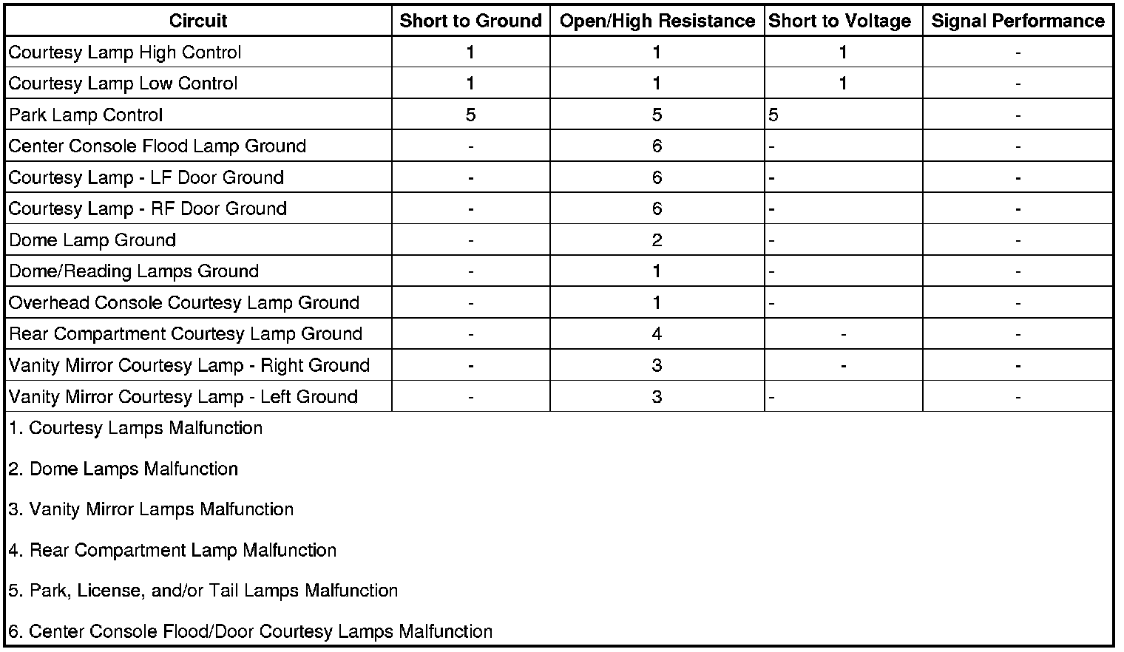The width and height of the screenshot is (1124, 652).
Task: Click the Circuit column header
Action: tap(197, 21)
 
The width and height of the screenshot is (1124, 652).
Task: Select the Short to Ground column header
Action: tap(470, 21)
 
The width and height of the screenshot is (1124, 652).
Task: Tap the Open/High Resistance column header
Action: tap(657, 21)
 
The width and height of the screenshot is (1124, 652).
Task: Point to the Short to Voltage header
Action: tap(839, 21)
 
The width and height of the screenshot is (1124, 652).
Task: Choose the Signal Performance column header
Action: tap(1018, 21)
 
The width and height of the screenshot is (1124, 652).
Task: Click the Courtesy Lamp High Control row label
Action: tap(125, 52)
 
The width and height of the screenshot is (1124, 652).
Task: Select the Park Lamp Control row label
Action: tap(86, 115)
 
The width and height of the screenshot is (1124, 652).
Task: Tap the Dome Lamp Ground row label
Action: tap(92, 240)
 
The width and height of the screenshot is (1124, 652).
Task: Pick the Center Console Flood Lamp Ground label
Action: tap(158, 146)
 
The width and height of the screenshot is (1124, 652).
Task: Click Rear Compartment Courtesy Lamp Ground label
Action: tap(186, 334)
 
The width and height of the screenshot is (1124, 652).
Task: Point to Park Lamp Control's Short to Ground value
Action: tap(470, 115)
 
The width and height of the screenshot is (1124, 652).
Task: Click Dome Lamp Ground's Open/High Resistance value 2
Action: tap(657, 240)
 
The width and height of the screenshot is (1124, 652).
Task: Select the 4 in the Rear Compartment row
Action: tap(657, 334)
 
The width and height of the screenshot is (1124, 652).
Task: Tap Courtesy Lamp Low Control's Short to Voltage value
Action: tap(842, 84)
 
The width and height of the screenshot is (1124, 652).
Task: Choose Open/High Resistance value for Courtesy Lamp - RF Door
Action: tap(657, 209)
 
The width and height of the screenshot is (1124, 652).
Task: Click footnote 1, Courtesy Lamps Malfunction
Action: tap(136, 428)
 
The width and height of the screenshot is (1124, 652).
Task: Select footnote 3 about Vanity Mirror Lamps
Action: tap(152, 509)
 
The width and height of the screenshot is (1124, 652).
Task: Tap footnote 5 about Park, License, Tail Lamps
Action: tap(203, 591)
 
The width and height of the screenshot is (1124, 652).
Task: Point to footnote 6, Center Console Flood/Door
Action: tap(251, 631)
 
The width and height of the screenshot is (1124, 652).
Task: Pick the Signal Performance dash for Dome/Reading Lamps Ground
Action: tap(1018, 272)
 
